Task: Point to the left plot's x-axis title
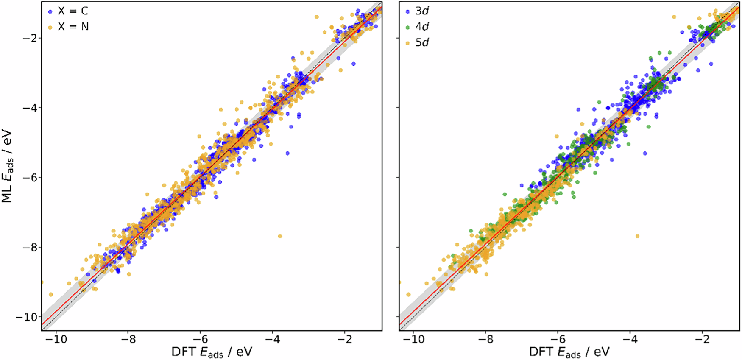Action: pyautogui.click(x=212, y=352)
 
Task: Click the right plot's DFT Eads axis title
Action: pyautogui.click(x=569, y=352)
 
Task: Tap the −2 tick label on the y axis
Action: pyautogui.click(x=31, y=38)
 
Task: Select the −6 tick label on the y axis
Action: pyautogui.click(x=31, y=177)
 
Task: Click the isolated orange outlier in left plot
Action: pyautogui.click(x=280, y=236)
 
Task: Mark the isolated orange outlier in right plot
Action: pyautogui.click(x=637, y=236)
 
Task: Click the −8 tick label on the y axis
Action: pyautogui.click(x=31, y=247)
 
